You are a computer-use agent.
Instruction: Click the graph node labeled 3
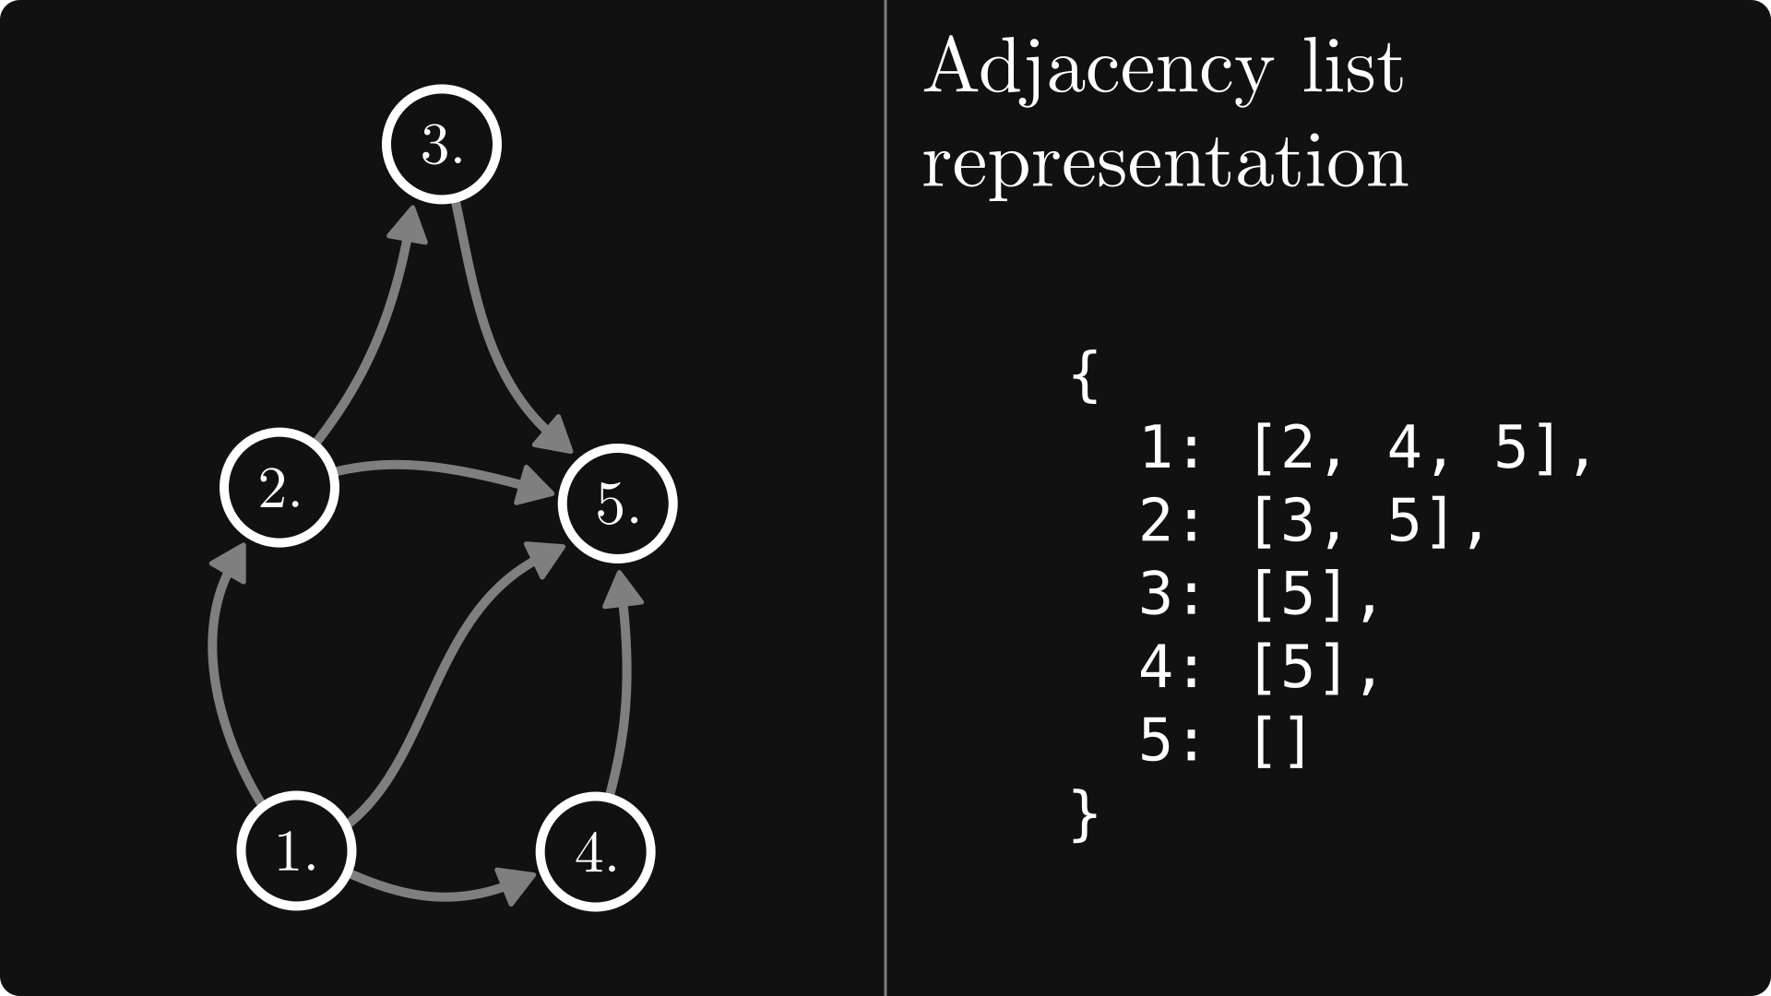click(442, 144)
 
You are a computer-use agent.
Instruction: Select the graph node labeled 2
click(279, 487)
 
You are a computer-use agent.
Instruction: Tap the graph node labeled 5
click(617, 504)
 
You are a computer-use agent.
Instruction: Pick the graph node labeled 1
click(296, 850)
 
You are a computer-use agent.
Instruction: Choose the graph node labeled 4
click(596, 852)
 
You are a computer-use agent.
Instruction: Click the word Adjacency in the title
click(1098, 69)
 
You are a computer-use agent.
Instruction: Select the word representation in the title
click(1165, 164)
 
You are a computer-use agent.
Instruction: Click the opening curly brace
click(1086, 375)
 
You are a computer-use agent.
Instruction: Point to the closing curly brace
click(1086, 814)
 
